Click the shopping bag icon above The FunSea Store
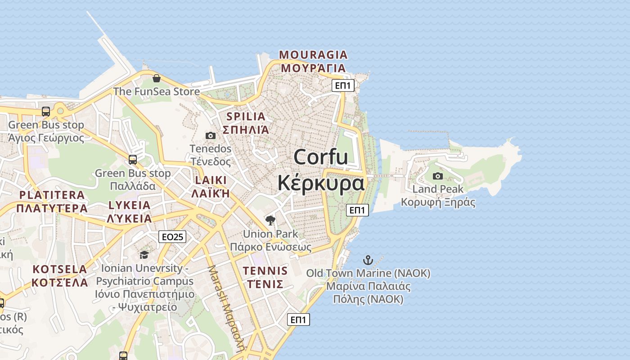(x=156, y=78)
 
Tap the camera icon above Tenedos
(x=210, y=135)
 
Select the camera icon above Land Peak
(x=437, y=176)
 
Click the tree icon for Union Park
(x=270, y=220)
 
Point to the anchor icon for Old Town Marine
(x=368, y=260)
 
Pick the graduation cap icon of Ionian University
(x=144, y=255)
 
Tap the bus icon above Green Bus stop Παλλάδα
(x=133, y=159)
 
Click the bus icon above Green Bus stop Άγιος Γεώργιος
(x=46, y=112)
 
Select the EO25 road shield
(x=172, y=237)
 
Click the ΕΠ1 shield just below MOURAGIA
(x=343, y=85)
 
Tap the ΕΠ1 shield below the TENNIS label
(x=298, y=319)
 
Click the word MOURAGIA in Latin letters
(x=313, y=55)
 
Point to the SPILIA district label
(x=246, y=117)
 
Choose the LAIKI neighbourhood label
(x=211, y=180)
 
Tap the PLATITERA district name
(x=51, y=195)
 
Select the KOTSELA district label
(x=59, y=270)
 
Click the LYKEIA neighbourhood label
(x=130, y=205)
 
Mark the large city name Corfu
(x=320, y=157)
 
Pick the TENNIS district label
(x=265, y=271)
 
